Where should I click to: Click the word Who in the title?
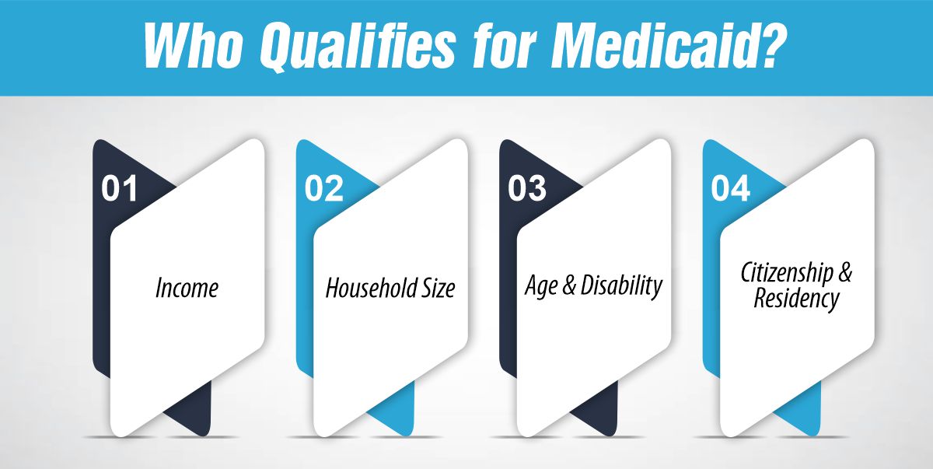click(194, 48)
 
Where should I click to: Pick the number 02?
click(323, 190)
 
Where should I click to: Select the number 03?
click(527, 190)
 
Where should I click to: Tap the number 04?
click(731, 190)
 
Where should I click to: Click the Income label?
click(187, 289)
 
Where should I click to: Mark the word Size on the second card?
click(439, 289)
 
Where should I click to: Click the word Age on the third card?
click(541, 286)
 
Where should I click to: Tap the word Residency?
click(796, 298)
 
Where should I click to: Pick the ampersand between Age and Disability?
click(568, 286)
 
